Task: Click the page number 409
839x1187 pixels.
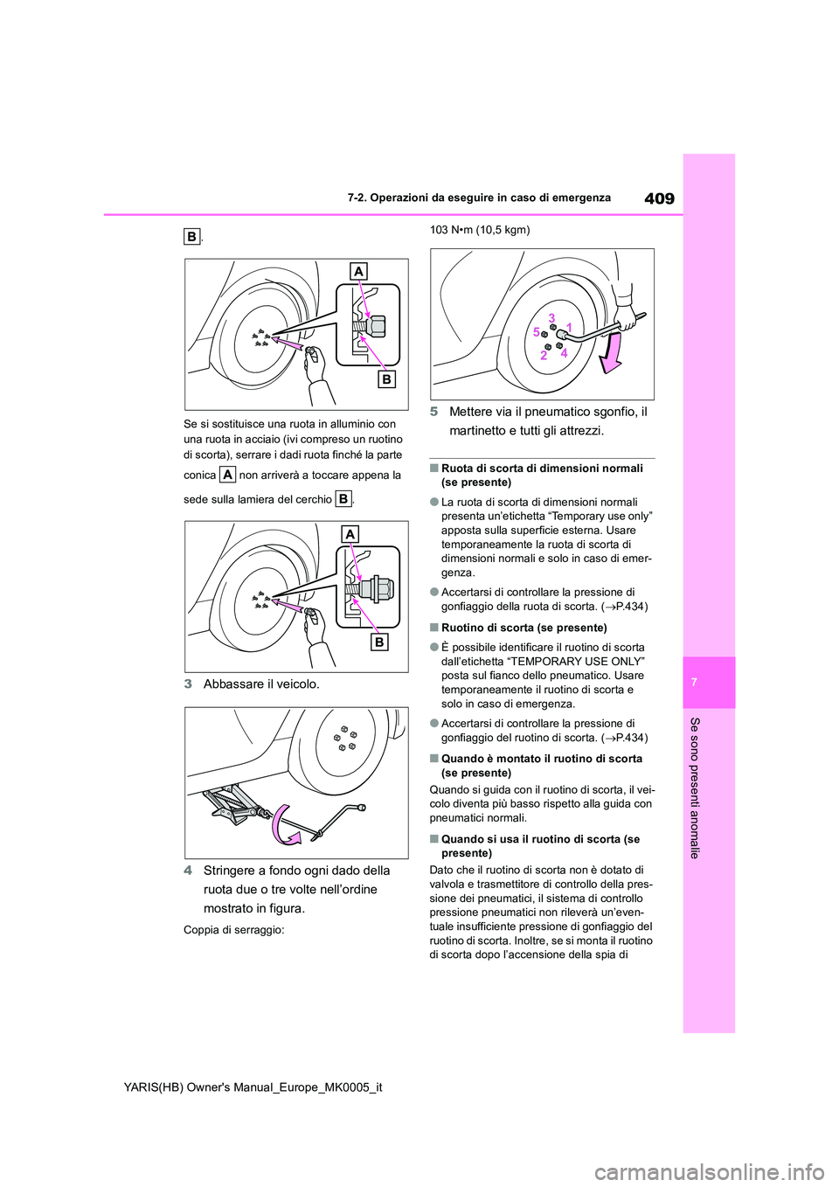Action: pyautogui.click(x=659, y=198)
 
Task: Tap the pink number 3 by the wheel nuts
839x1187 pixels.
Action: pyautogui.click(x=552, y=316)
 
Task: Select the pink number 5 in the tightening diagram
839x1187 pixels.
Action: pyautogui.click(x=537, y=332)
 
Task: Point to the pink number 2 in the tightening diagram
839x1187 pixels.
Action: pyautogui.click(x=544, y=356)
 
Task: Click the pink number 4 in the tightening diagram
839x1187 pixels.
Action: pyautogui.click(x=565, y=353)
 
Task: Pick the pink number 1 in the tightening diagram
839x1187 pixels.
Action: pyautogui.click(x=568, y=327)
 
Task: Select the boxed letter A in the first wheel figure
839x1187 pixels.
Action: pyautogui.click(x=358, y=272)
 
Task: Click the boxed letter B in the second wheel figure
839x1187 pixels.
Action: pyautogui.click(x=379, y=642)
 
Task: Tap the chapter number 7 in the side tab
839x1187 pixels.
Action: pyautogui.click(x=709, y=682)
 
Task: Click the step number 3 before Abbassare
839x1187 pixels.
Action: pyautogui.click(x=188, y=684)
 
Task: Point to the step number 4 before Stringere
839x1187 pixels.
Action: pyautogui.click(x=188, y=871)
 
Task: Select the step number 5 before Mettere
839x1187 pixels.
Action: pyautogui.click(x=433, y=412)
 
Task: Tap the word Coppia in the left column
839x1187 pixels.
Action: pyautogui.click(x=200, y=930)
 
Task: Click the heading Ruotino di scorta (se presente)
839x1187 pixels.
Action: pyautogui.click(x=524, y=628)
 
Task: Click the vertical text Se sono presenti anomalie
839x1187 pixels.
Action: pyautogui.click(x=695, y=787)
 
